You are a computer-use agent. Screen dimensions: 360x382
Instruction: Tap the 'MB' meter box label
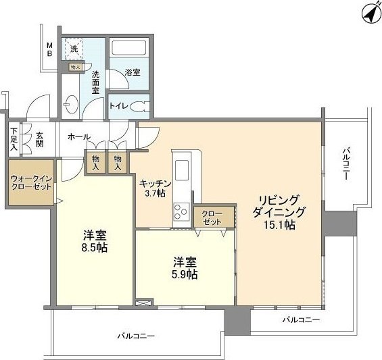[49, 49]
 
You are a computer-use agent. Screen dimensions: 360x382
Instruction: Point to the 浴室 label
[132, 72]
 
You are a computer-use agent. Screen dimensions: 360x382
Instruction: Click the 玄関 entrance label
[39, 139]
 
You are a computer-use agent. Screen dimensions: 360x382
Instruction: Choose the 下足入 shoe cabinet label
[14, 139]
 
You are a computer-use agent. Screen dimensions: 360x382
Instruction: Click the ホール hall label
[78, 136]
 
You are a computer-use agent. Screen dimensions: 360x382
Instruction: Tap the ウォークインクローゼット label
[31, 182]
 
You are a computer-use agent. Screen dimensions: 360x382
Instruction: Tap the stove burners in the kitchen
[182, 212]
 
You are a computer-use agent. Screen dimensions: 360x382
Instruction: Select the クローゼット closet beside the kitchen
[214, 217]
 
